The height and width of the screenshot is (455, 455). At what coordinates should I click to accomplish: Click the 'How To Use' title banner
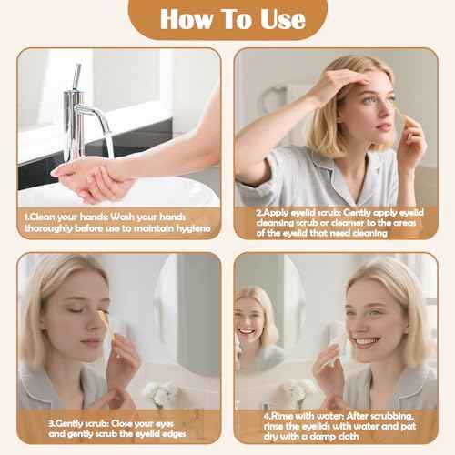point(227,19)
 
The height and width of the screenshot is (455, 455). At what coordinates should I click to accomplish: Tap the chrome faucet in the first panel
point(81,110)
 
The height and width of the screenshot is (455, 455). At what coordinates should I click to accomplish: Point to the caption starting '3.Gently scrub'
point(118,429)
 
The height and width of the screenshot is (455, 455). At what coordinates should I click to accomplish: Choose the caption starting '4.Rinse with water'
point(336,429)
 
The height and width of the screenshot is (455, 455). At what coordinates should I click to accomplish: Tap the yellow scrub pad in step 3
point(105,320)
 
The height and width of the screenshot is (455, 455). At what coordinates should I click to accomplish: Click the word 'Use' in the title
point(277,19)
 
